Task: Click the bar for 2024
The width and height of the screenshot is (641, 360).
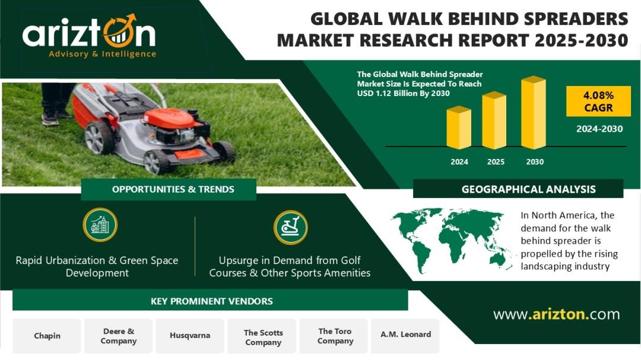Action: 459,128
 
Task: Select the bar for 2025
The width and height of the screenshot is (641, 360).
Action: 494,120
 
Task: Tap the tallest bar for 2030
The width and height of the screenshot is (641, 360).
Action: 534,113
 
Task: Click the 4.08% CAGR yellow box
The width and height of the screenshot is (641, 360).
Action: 598,101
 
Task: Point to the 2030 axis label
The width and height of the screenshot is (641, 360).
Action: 535,162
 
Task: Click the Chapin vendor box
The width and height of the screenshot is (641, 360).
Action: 47,336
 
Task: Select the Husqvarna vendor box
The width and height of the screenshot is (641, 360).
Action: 190,336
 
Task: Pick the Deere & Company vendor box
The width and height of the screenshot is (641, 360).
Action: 118,336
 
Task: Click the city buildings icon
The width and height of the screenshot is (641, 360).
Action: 100,225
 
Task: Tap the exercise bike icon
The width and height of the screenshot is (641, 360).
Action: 291,227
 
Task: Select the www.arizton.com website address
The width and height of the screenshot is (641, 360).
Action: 556,314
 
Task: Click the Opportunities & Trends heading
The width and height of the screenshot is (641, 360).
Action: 173,190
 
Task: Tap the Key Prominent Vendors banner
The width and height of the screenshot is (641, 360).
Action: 211,301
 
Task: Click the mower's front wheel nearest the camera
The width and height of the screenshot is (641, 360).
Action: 157,162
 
